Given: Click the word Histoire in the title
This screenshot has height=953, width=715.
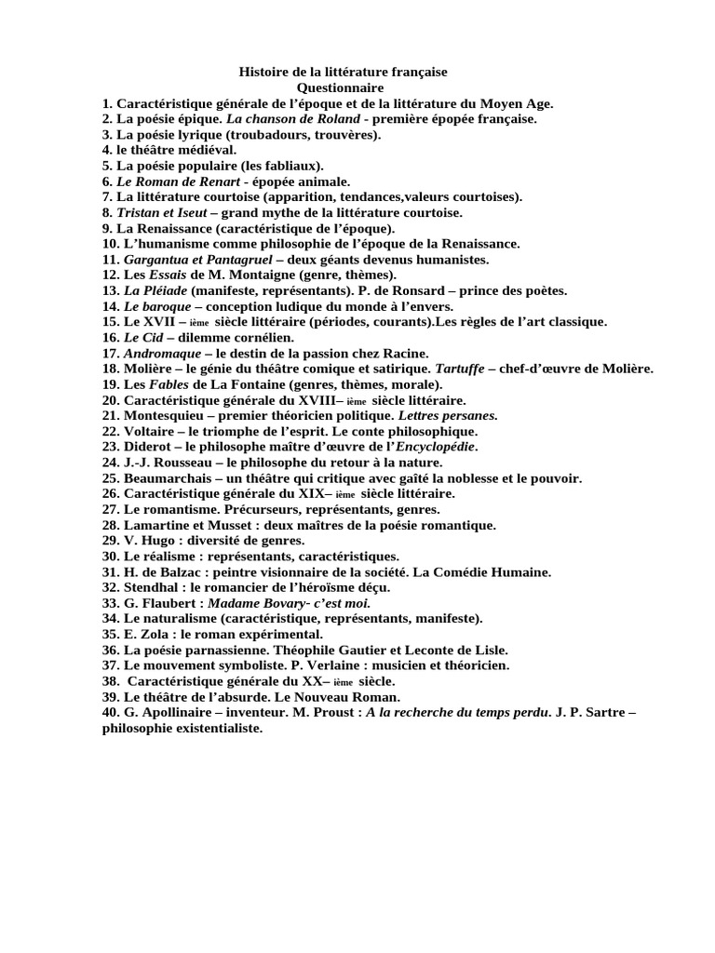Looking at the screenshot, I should (266, 72).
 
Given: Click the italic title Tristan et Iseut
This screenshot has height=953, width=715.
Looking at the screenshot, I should (155, 212).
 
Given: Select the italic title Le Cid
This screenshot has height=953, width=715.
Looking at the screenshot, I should (144, 337).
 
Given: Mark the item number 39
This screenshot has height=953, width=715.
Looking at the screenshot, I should (112, 696).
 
